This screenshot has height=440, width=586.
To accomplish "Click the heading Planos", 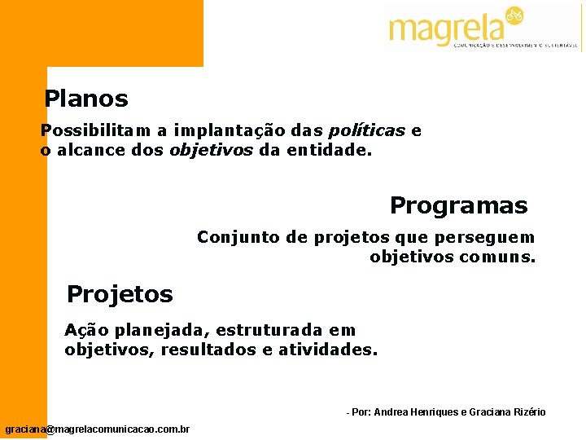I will (86, 99).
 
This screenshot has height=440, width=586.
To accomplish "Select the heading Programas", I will (458, 205).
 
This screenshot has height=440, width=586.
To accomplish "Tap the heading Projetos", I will (120, 293).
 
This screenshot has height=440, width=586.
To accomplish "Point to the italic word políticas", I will (366, 131).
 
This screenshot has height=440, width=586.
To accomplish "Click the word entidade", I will (325, 151).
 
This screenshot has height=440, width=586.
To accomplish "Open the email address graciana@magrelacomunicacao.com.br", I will (97, 429).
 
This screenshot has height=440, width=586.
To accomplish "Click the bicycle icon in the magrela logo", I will (514, 15).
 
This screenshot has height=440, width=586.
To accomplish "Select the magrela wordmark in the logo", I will (447, 29).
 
